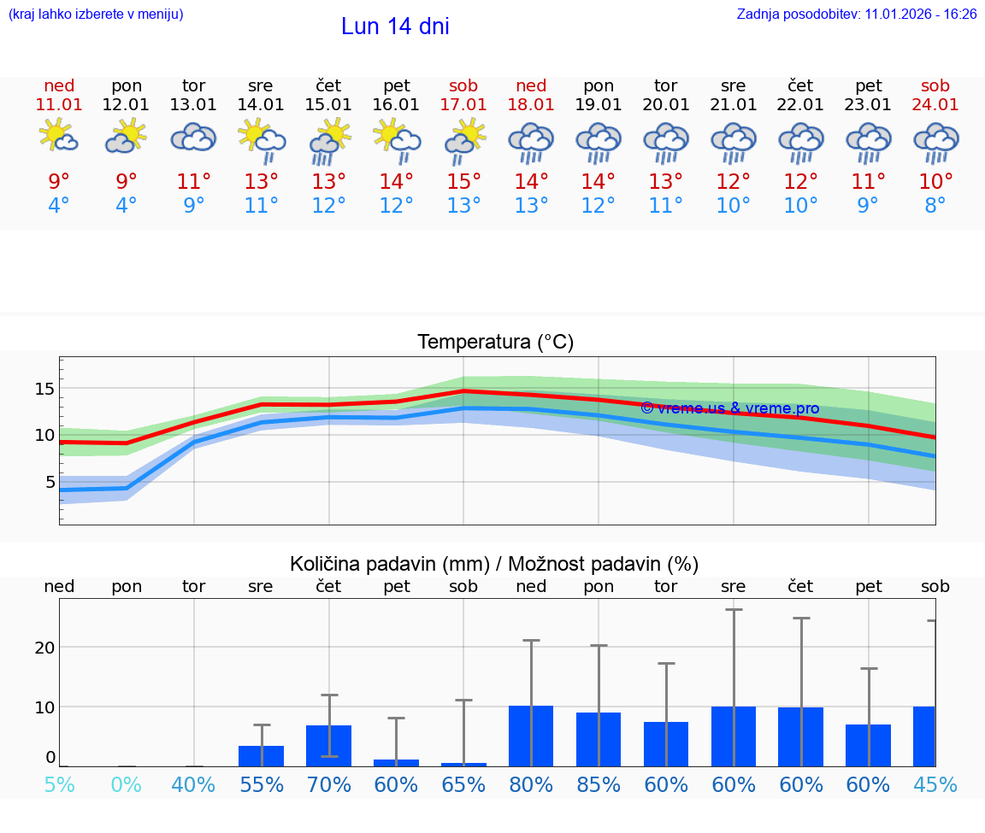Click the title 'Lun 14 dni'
tap(395, 26)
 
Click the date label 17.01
tap(463, 104)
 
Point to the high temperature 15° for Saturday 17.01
tap(463, 182)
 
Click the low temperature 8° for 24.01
tap(935, 206)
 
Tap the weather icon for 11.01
tap(59, 137)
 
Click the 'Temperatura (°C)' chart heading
tap(495, 343)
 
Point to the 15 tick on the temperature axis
tap(44, 389)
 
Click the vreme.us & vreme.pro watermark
tap(729, 408)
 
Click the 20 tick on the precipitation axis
tap(44, 647)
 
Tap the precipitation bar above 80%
tap(531, 736)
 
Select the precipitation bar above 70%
tap(329, 745)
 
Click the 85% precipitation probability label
tap(599, 784)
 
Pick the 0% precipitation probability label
tap(127, 784)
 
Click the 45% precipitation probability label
tap(935, 784)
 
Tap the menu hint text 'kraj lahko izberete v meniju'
tap(96, 14)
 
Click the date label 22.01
tap(800, 104)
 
